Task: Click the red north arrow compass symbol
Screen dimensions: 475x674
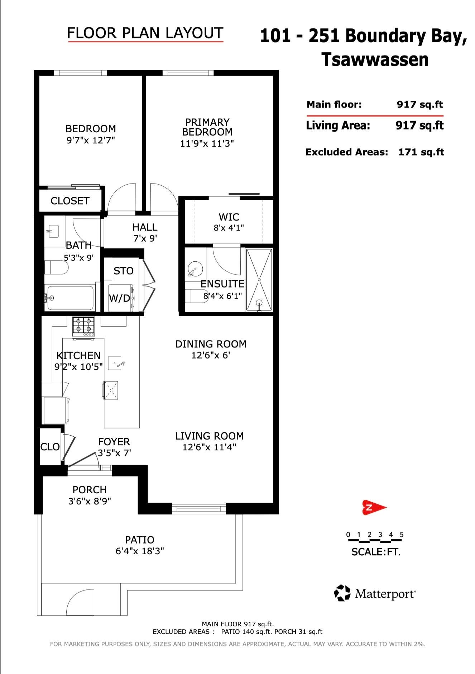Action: tap(374, 507)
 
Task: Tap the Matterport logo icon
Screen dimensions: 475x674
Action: tap(342, 593)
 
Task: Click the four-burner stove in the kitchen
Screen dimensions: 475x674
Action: tap(84, 327)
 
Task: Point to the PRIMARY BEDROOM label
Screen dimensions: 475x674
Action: tap(207, 127)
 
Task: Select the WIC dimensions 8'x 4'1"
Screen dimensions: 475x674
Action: tap(229, 228)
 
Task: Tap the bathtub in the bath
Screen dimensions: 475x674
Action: tap(70, 298)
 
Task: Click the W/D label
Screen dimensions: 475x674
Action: tap(119, 298)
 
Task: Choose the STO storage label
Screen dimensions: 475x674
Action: tap(124, 271)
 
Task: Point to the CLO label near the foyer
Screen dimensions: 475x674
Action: tap(50, 447)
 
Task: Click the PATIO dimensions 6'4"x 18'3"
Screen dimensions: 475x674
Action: tap(140, 551)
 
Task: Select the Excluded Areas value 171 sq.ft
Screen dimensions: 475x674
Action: tap(421, 152)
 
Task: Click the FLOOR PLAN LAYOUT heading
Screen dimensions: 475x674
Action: tap(145, 33)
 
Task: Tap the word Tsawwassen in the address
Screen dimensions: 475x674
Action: tap(375, 60)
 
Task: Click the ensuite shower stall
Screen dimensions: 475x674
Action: tap(259, 280)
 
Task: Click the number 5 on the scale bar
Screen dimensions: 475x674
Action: tap(402, 535)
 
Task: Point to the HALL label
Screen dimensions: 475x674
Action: tap(145, 227)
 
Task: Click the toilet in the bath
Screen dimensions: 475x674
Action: tap(56, 267)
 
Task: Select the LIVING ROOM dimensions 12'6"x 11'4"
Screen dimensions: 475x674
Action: tap(210, 447)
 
